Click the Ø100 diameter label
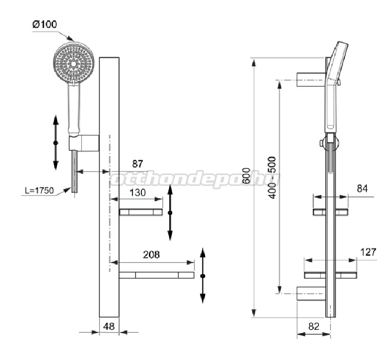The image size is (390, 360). tap(45, 24)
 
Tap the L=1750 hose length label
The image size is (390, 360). tap(39, 191)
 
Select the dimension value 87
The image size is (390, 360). tap(138, 164)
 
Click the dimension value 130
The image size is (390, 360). tap(138, 193)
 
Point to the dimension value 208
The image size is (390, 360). tap(151, 255)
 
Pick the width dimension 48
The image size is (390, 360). tap(109, 326)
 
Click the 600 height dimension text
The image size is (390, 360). tap(246, 176)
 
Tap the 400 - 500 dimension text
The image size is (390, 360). tap(272, 178)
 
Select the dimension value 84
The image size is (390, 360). tap(362, 188)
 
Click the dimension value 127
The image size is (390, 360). tap(368, 252)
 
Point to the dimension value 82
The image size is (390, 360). tap(313, 326)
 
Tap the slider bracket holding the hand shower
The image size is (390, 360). tap(84, 143)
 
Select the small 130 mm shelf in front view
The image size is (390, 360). tap(141, 212)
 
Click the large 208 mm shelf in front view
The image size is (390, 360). tap(156, 275)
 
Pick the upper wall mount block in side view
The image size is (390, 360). tap(311, 80)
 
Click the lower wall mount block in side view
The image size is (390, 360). tap(311, 293)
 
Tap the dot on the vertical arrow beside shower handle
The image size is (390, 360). tap(55, 143)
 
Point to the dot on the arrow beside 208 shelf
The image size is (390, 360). tap(203, 276)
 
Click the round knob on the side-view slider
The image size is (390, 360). tap(322, 143)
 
